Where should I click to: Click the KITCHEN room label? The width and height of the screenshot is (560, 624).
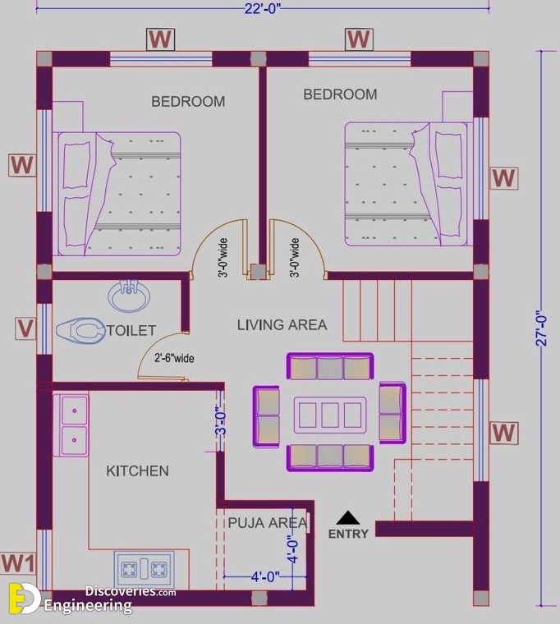pyautogui.click(x=137, y=470)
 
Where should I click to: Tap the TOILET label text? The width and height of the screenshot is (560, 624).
pyautogui.click(x=131, y=330)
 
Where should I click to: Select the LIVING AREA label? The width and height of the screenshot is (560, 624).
pyautogui.click(x=282, y=325)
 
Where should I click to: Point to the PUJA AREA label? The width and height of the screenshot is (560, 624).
pyautogui.click(x=268, y=522)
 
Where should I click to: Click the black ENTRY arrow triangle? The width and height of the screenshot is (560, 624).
pyautogui.click(x=348, y=518)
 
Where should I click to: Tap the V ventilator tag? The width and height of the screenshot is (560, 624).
pyautogui.click(x=25, y=328)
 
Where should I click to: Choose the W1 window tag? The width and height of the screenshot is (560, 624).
pyautogui.click(x=18, y=563)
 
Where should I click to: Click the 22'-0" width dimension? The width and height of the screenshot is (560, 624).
pyautogui.click(x=263, y=9)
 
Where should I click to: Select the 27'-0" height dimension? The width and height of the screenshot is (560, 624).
pyautogui.click(x=542, y=328)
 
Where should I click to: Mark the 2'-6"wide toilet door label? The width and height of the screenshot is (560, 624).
pyautogui.click(x=174, y=358)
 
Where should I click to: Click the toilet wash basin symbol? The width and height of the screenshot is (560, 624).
pyautogui.click(x=129, y=296)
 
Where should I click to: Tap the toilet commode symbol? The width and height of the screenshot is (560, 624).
pyautogui.click(x=80, y=330)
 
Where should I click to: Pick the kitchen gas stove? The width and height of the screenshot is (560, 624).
pyautogui.click(x=144, y=570)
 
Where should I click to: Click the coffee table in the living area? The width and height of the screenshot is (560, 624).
pyautogui.click(x=330, y=415)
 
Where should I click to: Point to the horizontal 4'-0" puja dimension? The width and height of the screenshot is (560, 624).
pyautogui.click(x=265, y=576)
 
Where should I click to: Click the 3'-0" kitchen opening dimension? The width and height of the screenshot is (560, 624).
pyautogui.click(x=222, y=420)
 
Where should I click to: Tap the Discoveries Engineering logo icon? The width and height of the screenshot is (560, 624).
pyautogui.click(x=24, y=599)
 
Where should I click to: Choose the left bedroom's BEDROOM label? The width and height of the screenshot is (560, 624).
pyautogui.click(x=188, y=102)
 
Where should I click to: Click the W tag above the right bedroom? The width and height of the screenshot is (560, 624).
pyautogui.click(x=359, y=39)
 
